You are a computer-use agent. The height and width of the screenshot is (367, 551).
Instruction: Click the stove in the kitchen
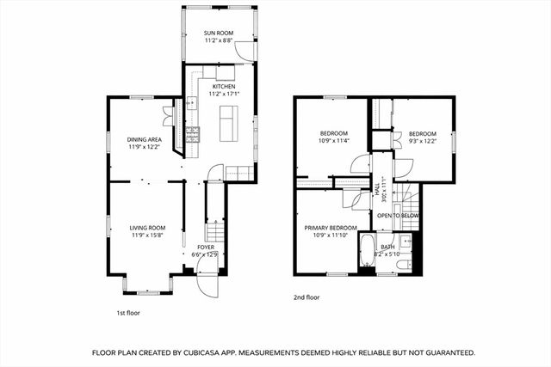tap(194, 133)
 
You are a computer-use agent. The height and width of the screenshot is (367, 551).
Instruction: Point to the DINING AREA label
tap(145, 139)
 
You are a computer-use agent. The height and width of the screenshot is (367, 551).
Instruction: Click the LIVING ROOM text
tap(147, 228)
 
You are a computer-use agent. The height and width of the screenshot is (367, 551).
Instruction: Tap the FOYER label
tap(205, 248)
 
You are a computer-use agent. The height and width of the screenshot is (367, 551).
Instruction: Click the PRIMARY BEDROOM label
tap(329, 228)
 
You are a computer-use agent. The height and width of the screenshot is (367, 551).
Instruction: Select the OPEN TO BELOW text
tap(398, 215)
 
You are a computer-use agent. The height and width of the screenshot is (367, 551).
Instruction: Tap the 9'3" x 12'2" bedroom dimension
tap(422, 141)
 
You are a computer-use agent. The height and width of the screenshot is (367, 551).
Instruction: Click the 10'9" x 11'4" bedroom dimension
tap(335, 141)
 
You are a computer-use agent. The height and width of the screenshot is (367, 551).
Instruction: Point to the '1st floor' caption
tap(128, 313)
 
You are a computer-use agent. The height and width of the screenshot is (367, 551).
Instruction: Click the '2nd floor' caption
tap(306, 297)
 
